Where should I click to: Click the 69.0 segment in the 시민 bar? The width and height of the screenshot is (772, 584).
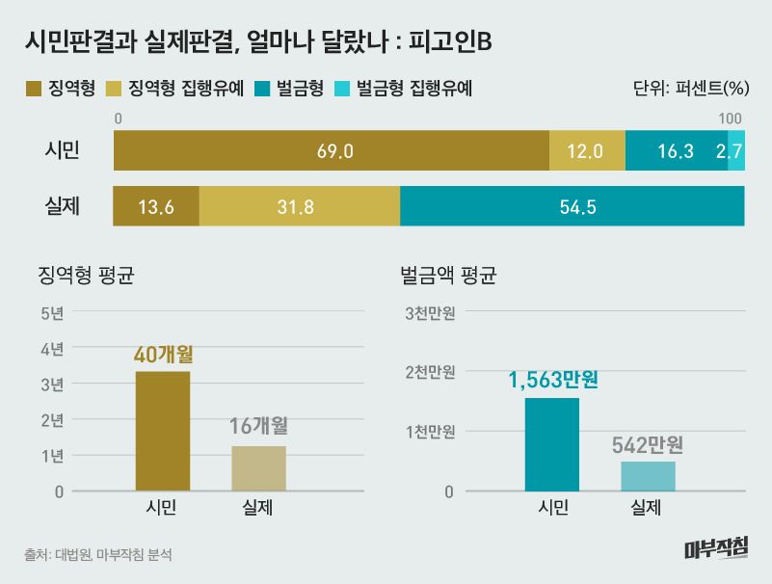click(331, 151)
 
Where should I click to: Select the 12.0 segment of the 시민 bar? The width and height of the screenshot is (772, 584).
click(587, 151)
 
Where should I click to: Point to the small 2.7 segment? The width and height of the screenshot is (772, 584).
click(736, 151)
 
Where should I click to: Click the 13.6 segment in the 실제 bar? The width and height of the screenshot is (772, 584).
click(156, 206)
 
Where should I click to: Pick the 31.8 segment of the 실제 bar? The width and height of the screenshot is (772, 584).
click(300, 206)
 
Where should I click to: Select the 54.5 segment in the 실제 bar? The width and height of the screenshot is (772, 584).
click(572, 206)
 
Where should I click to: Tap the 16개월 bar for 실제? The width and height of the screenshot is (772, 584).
click(259, 468)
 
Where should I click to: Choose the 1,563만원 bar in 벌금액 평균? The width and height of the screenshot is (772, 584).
click(552, 444)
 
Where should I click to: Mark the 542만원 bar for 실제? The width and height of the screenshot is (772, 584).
click(648, 476)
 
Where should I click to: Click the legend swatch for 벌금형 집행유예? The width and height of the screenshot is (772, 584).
click(343, 90)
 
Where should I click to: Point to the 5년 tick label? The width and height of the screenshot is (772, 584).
click(52, 312)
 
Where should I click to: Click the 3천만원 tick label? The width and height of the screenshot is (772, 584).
click(430, 312)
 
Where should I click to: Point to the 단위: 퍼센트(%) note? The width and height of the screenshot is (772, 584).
click(691, 90)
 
